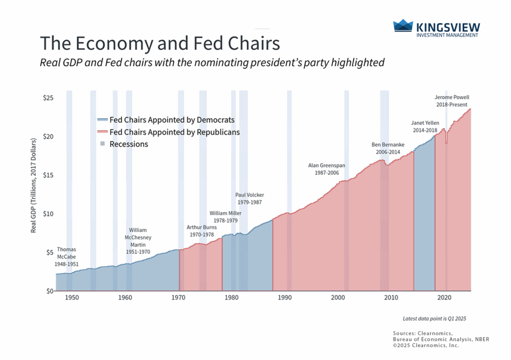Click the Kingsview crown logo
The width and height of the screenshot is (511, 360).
403,26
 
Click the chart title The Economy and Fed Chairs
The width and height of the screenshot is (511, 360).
159,43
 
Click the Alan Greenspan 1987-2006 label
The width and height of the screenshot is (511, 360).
326,168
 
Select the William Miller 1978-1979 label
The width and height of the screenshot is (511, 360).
223,217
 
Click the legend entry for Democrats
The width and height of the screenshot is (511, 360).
165,120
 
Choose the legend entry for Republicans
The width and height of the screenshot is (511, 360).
168,132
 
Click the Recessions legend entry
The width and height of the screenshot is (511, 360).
129,144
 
